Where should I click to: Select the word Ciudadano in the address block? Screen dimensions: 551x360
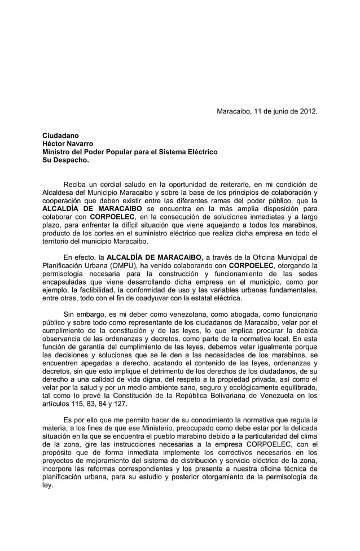coord(61,136)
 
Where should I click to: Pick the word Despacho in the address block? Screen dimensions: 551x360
coord(71,160)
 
